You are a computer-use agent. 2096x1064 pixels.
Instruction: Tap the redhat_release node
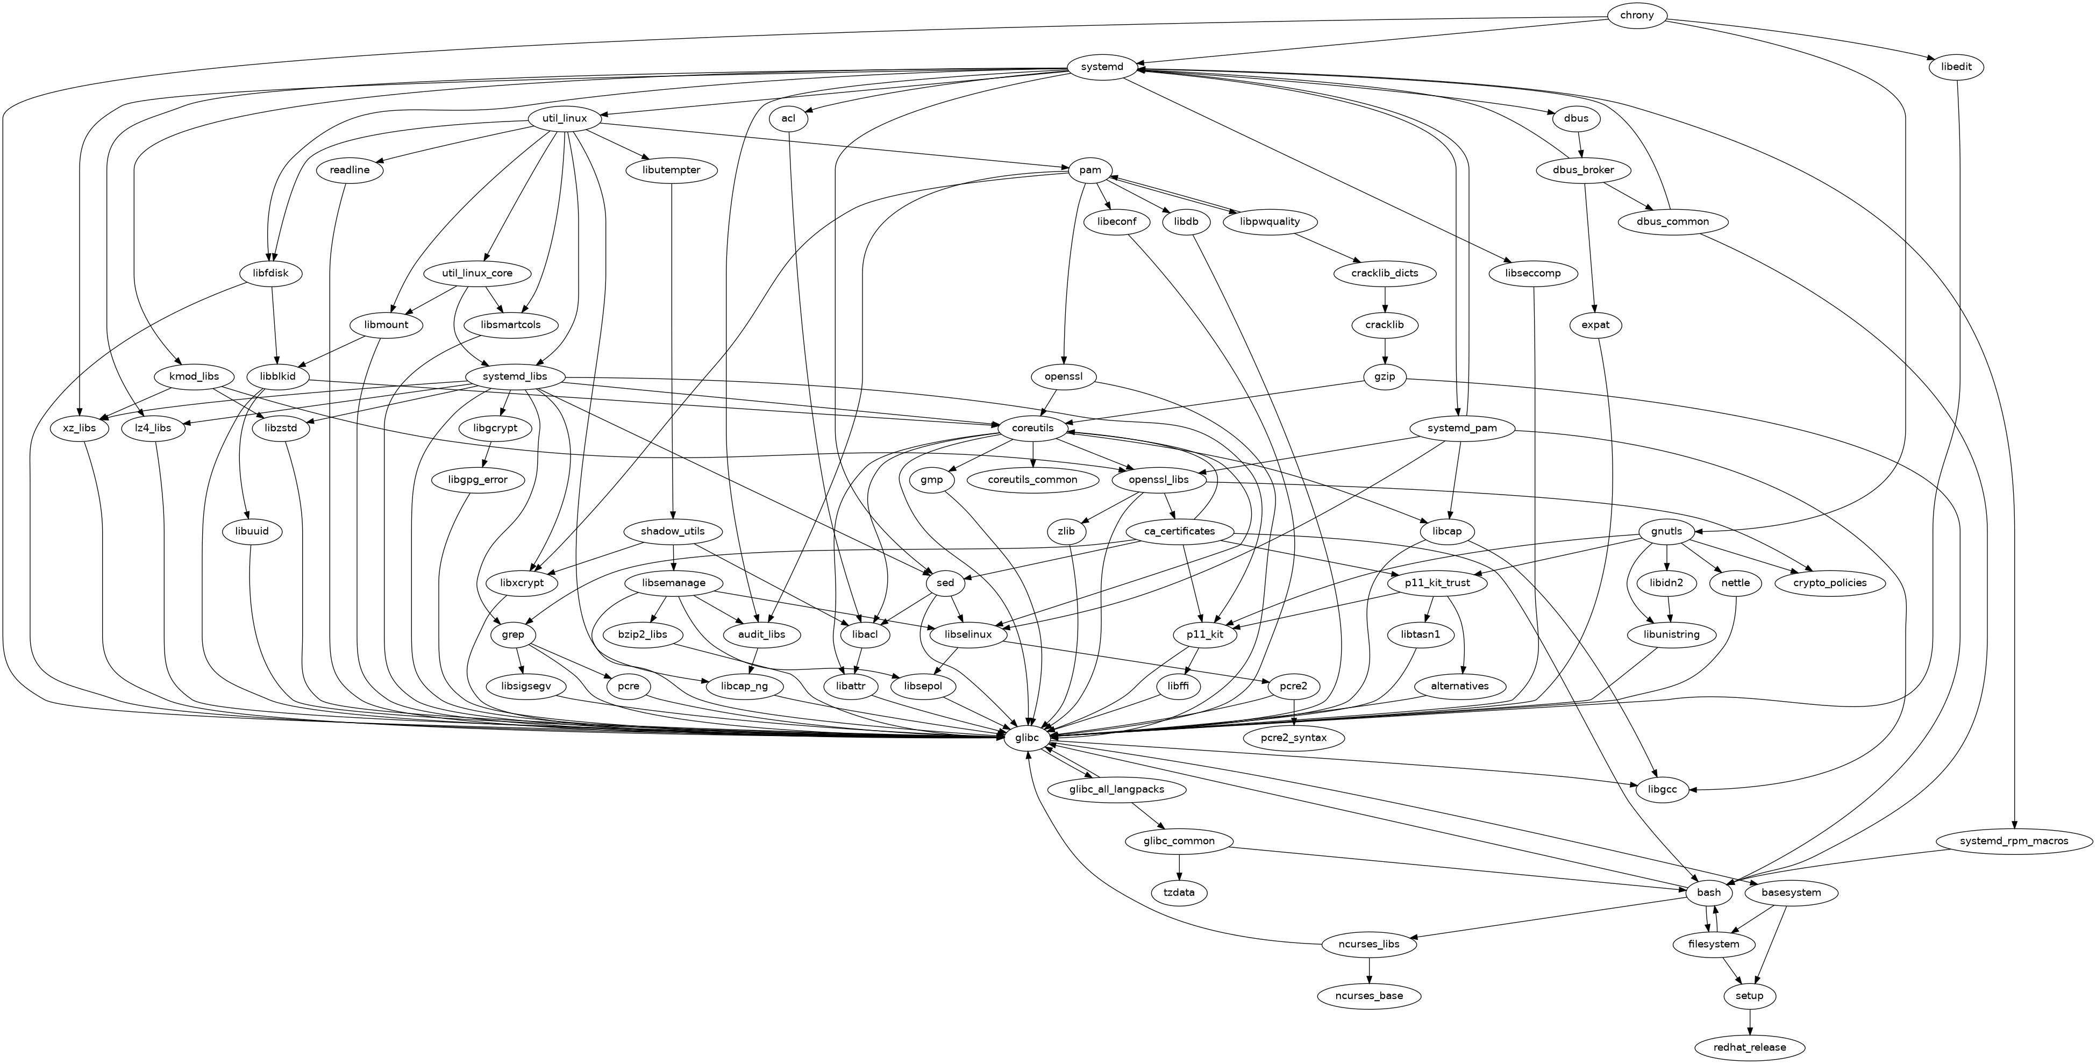click(x=1749, y=1047)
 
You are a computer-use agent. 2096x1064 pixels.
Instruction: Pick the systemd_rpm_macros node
click(x=2014, y=841)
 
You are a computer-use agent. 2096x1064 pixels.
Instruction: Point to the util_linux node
click(x=565, y=119)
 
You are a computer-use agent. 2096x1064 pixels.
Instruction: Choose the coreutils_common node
click(x=1032, y=480)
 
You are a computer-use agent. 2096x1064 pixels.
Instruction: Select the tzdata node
click(x=1179, y=892)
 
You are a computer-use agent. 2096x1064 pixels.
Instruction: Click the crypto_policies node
click(x=1830, y=583)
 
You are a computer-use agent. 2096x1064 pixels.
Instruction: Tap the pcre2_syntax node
click(x=1293, y=738)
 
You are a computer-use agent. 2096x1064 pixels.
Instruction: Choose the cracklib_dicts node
click(x=1385, y=273)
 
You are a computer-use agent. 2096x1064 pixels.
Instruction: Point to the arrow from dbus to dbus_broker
click(x=1579, y=145)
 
